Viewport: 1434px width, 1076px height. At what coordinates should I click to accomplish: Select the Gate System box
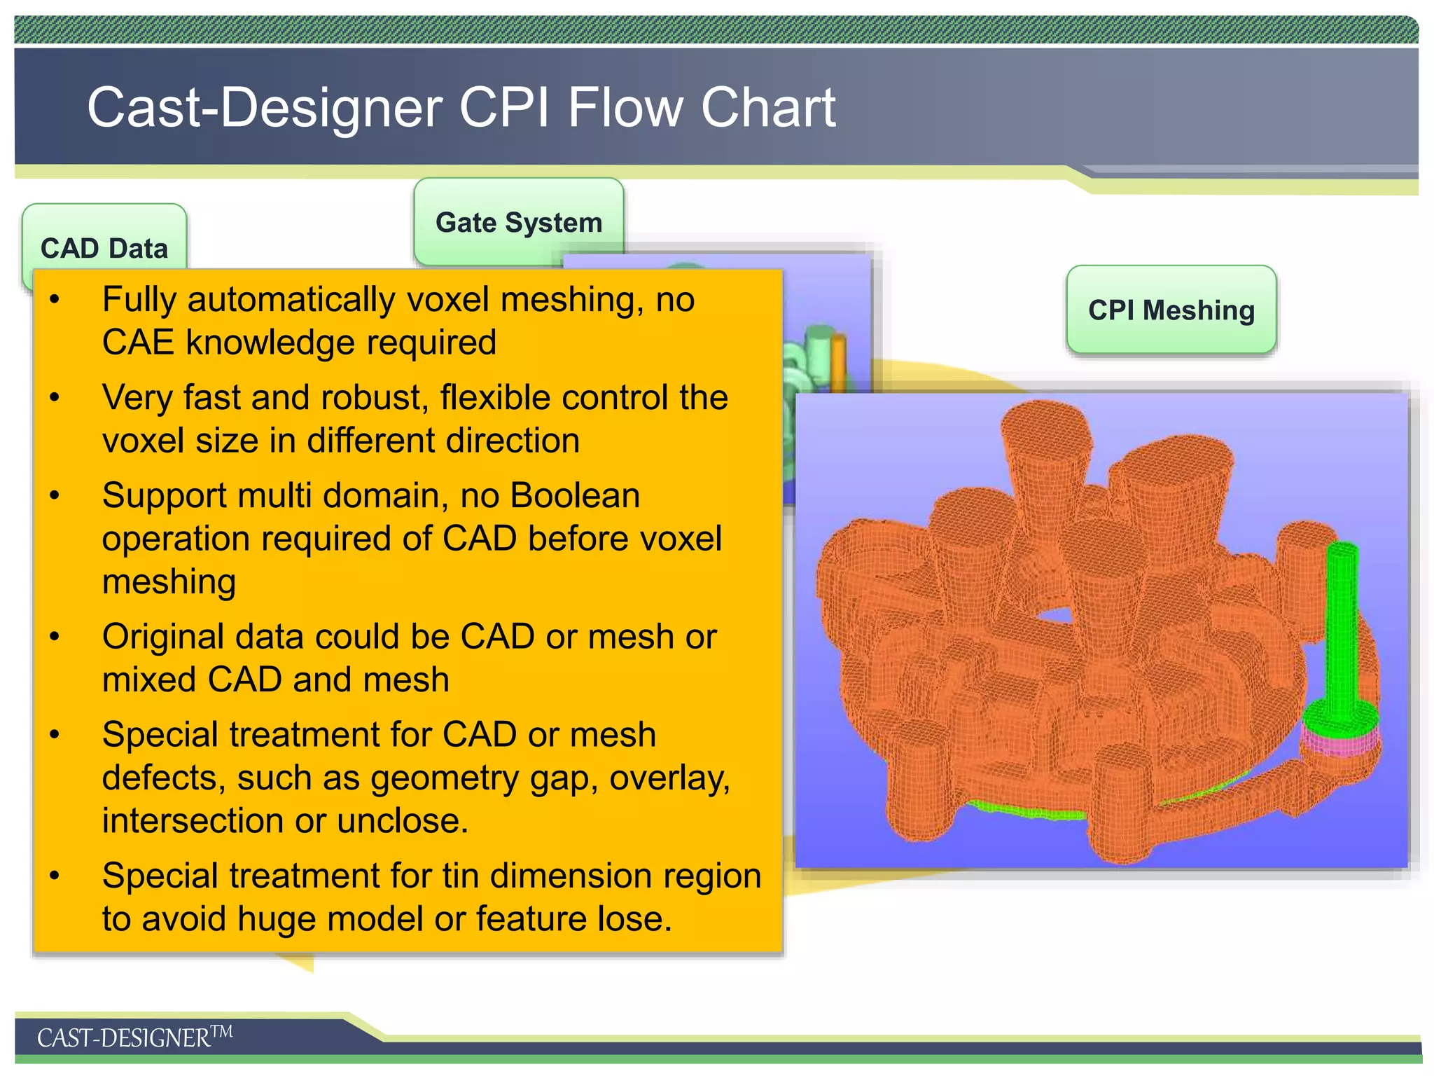(x=518, y=221)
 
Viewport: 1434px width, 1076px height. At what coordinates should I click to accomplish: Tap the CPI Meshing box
(x=1171, y=310)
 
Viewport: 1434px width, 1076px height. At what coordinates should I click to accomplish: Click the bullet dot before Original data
(x=55, y=636)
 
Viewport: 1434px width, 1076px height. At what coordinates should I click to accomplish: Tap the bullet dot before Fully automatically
(x=55, y=299)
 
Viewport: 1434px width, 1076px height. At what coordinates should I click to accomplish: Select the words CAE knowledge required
(x=299, y=343)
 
